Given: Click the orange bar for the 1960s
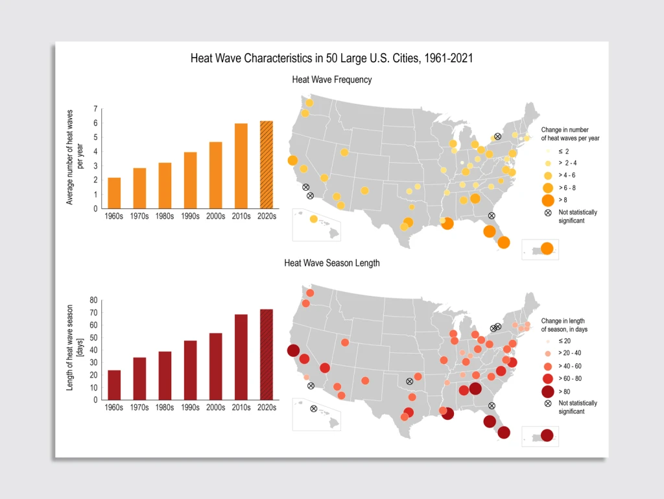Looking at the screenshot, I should tap(114, 193).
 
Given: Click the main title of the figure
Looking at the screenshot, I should tap(331, 58).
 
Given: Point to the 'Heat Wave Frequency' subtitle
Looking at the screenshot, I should tap(331, 80).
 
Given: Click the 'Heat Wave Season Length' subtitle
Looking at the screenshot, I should tap(331, 263).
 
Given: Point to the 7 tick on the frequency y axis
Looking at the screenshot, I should tap(95, 109).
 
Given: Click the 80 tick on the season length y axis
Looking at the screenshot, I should tap(93, 300).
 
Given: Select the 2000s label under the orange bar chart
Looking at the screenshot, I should tap(215, 217).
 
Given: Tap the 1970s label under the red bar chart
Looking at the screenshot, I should tap(139, 408).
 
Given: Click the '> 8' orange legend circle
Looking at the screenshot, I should tap(548, 199).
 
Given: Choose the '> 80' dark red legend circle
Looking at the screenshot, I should tap(548, 391).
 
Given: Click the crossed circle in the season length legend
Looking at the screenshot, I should tap(548, 404).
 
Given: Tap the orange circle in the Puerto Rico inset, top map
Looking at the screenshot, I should tap(547, 249).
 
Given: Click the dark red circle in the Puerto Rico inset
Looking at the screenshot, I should tap(547, 435).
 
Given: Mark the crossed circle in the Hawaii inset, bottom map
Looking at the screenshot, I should tap(314, 409).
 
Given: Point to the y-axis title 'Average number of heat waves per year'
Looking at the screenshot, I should tap(74, 158).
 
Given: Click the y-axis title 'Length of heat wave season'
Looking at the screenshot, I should tap(74, 350).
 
